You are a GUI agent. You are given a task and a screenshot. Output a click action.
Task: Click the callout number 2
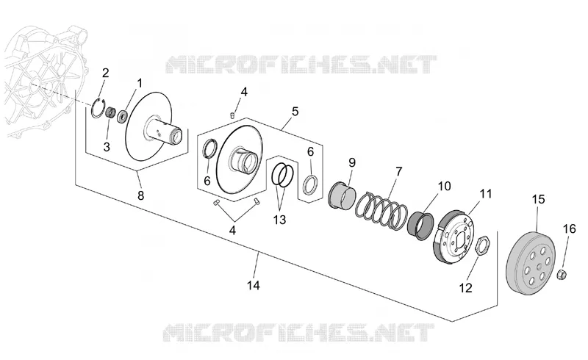[105, 73]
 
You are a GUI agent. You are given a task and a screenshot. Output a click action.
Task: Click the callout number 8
[140, 195]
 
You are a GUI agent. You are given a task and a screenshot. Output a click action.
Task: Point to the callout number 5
[295, 112]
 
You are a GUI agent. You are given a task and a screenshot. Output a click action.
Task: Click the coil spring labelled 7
[381, 210]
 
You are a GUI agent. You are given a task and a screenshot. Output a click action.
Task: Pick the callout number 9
[352, 163]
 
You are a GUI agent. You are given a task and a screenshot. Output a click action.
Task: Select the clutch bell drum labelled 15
[531, 262]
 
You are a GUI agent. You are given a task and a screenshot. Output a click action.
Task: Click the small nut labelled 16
[562, 275]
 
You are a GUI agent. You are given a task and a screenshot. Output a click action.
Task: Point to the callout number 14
[254, 285]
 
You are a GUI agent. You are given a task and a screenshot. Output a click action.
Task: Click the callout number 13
[280, 220]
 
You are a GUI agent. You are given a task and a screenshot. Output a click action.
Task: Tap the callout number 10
[444, 186]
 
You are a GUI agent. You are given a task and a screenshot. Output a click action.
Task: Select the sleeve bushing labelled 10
[421, 224]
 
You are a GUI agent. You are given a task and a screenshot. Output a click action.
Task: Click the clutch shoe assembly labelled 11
[453, 235]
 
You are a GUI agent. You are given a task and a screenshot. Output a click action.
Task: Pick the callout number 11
[486, 194]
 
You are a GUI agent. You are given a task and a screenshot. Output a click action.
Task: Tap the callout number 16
[569, 228]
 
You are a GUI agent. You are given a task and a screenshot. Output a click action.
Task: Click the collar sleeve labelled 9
[342, 195]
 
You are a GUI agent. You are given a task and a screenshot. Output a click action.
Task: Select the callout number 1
[140, 83]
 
